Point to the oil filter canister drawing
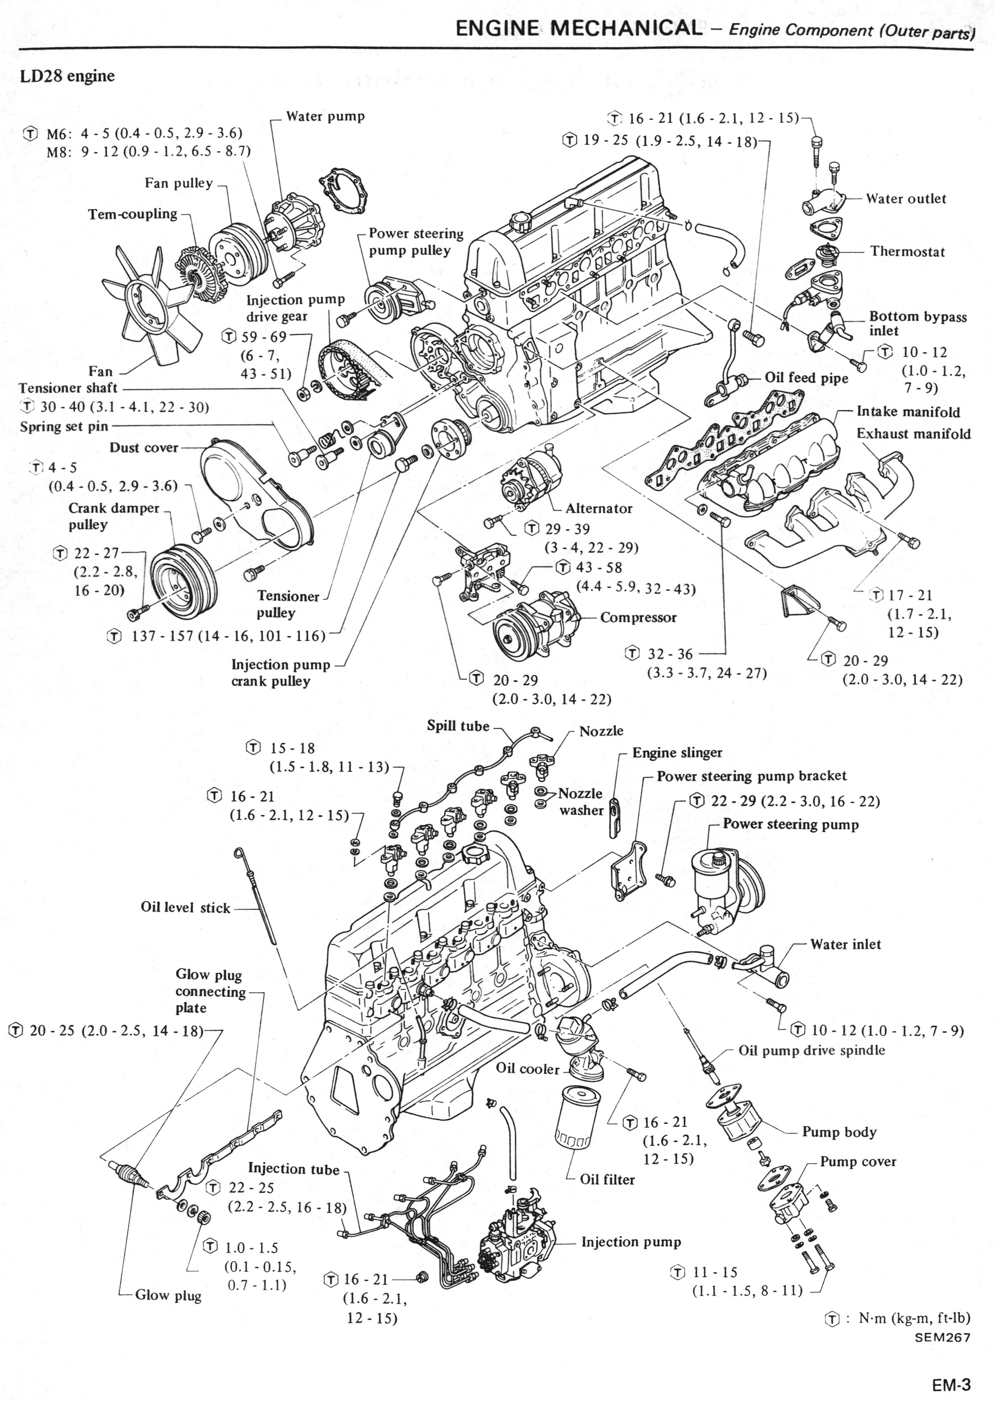(575, 1122)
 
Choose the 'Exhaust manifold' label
(913, 433)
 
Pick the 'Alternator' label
(598, 508)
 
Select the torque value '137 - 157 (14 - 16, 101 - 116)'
(228, 636)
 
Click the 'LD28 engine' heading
(67, 76)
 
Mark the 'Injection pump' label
(631, 1242)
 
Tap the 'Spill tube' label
(458, 726)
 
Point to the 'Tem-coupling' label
(132, 214)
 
